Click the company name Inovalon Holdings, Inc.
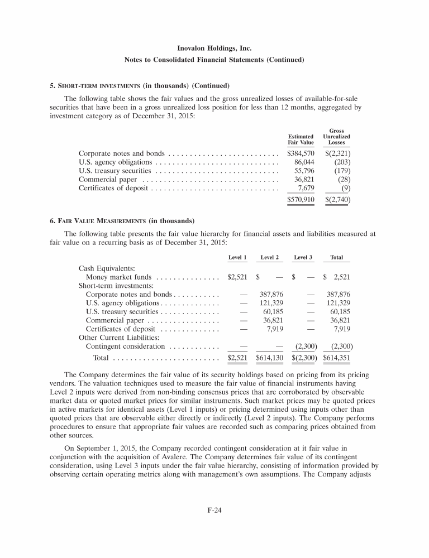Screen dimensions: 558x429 coord(214,49)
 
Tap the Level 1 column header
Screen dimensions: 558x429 coord(237,257)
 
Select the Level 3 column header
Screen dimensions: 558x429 coord(303,257)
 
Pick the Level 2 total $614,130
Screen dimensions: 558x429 coord(270,357)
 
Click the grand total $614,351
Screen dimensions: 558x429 coord(337,357)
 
